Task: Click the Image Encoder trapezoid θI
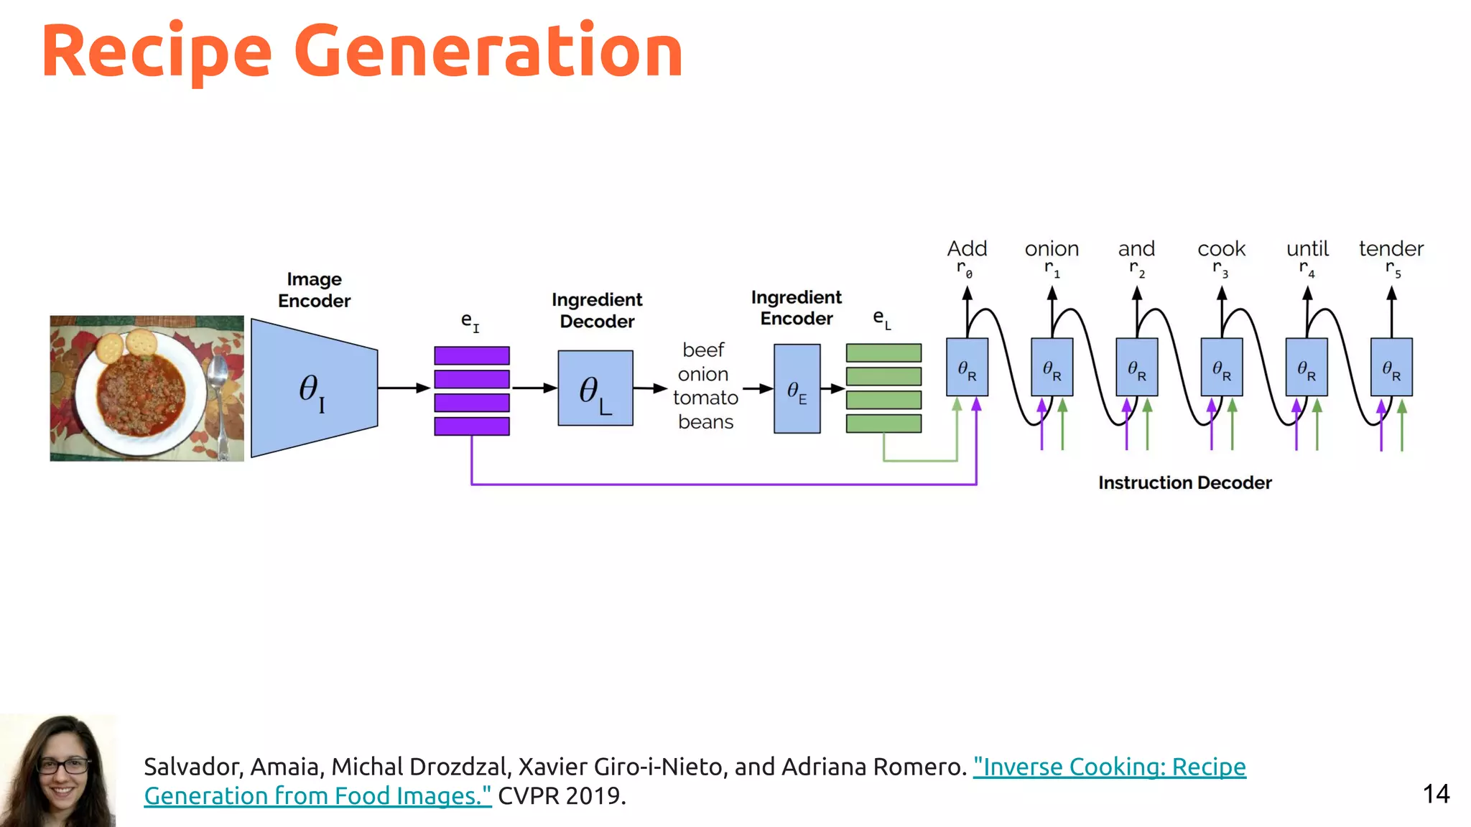pos(314,388)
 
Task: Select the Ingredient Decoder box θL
pos(595,388)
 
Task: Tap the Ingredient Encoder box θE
pos(797,388)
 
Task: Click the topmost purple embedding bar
pos(472,355)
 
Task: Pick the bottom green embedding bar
pos(883,424)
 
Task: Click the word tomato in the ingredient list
pos(705,398)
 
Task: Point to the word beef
pos(703,350)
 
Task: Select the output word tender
pos(1391,249)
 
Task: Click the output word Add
pos(967,249)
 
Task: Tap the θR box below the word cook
pos(1222,368)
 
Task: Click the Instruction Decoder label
pos(1184,482)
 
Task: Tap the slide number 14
pos(1436,794)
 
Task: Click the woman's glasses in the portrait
pos(63,765)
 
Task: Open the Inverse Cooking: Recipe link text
pos(1109,767)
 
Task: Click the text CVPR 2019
pos(562,796)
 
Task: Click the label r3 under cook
pos(1220,269)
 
